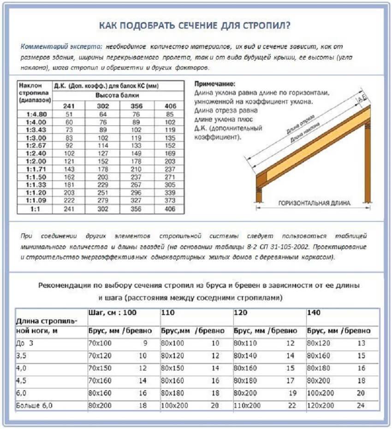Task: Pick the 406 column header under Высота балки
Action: pos(170,106)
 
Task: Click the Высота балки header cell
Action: pos(119,95)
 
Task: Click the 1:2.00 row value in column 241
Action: pos(69,161)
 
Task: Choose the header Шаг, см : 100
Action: pos(113,313)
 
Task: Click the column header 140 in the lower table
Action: pos(314,313)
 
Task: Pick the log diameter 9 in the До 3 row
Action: pos(145,343)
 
